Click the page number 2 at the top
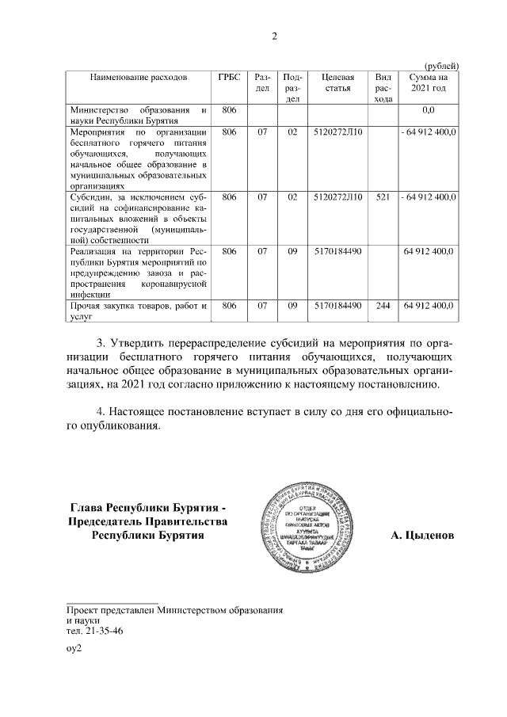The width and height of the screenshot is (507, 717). point(274,36)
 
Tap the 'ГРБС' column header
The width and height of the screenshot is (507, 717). point(230,78)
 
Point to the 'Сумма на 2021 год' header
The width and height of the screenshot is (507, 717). point(428,83)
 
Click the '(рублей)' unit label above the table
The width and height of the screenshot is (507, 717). point(441,65)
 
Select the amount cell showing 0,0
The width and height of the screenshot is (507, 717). point(429,109)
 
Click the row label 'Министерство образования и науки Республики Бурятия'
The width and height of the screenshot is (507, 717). point(139,115)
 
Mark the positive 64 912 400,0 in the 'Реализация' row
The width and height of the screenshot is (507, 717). point(429,250)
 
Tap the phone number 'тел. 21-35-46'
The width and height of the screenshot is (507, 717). point(94,631)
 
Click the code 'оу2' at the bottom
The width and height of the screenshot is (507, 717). point(74,648)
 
